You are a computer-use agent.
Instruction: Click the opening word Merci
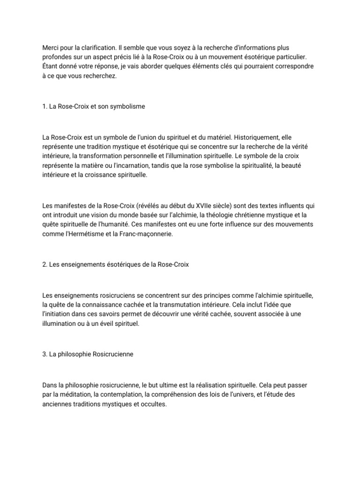click(x=50, y=48)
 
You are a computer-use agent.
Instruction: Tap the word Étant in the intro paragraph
click(x=51, y=66)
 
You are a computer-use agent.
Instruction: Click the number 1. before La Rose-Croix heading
click(x=45, y=106)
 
